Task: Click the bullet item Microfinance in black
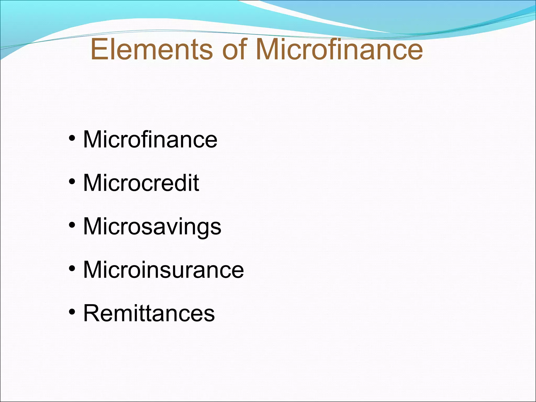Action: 150,139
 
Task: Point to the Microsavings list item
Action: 152,227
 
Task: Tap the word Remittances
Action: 149,313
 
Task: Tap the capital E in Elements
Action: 98,49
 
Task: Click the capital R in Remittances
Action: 91,313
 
